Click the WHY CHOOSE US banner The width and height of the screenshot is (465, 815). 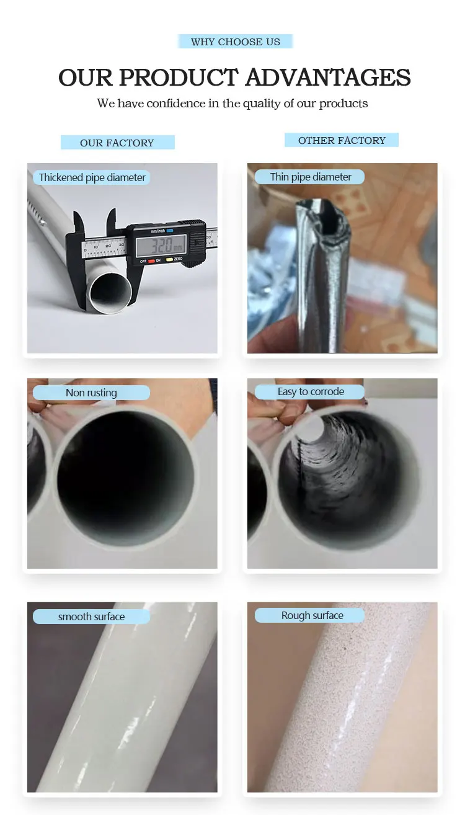click(x=235, y=42)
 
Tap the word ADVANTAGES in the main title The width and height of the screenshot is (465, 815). click(x=328, y=78)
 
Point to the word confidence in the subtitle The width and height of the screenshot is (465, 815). click(x=176, y=104)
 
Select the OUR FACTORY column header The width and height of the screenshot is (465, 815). click(x=117, y=143)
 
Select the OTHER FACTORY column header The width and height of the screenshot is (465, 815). click(x=342, y=140)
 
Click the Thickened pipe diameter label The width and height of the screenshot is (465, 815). click(x=92, y=177)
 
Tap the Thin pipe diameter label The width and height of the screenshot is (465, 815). click(x=310, y=177)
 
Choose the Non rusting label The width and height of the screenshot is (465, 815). click(x=91, y=393)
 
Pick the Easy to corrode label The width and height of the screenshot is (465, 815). click(x=310, y=391)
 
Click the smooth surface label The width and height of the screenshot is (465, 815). click(x=91, y=617)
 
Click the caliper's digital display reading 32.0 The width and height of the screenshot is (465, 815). click(x=161, y=245)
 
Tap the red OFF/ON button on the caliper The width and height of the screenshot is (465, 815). click(x=152, y=261)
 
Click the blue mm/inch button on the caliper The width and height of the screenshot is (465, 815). click(x=170, y=231)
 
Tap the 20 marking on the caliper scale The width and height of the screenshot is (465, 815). click(x=108, y=246)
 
